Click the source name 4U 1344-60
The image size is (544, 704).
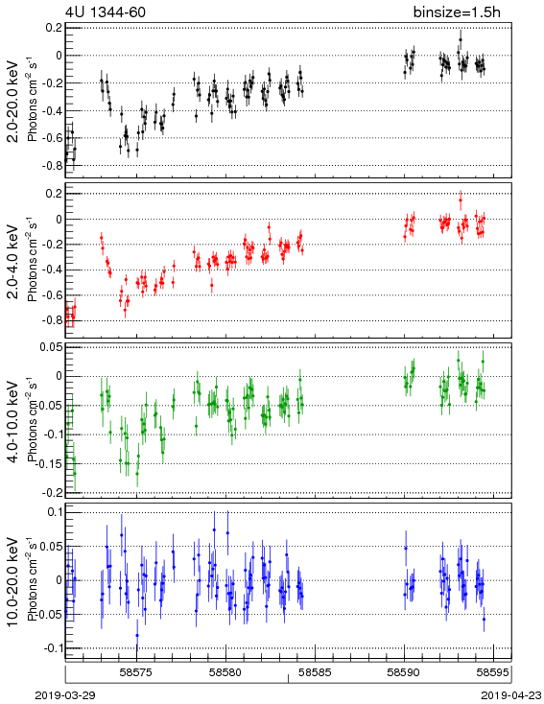(x=106, y=12)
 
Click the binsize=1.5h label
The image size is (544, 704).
(x=457, y=12)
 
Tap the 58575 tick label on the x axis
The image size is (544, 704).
(x=137, y=672)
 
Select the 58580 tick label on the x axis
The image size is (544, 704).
(x=226, y=672)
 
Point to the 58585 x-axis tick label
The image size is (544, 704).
(x=316, y=672)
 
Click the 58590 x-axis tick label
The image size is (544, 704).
(x=405, y=672)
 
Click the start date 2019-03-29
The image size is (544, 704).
(x=65, y=695)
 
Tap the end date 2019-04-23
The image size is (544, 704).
(x=511, y=695)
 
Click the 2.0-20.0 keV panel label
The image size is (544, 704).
(x=13, y=102)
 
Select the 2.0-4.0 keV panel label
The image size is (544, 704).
(x=13, y=261)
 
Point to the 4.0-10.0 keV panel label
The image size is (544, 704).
(x=13, y=422)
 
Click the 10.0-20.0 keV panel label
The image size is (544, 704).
(x=13, y=582)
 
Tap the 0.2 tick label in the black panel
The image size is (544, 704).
(x=54, y=28)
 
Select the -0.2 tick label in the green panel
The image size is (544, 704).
(x=51, y=493)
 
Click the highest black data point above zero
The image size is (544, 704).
(x=461, y=39)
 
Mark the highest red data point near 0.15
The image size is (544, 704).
(x=461, y=200)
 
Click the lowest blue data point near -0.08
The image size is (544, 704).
(x=137, y=635)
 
